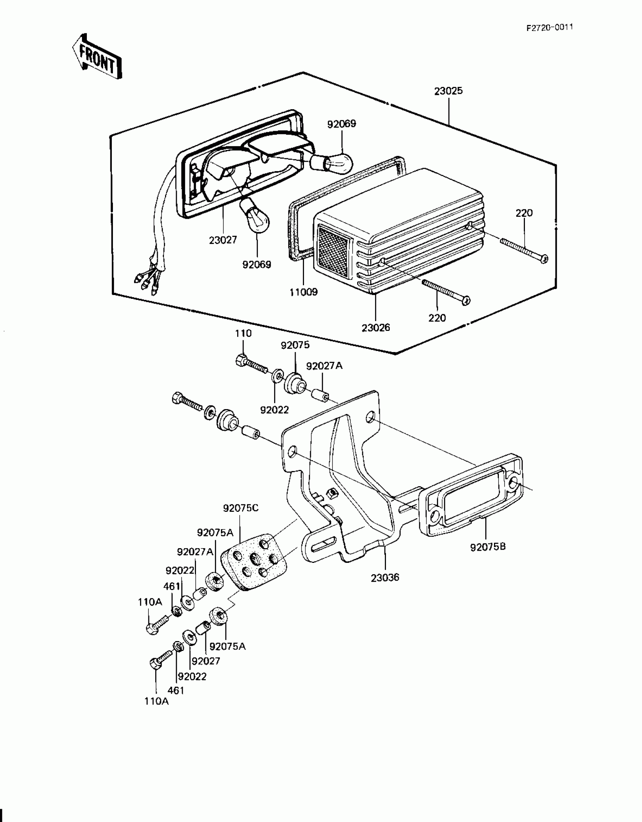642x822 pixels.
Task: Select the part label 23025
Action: [448, 91]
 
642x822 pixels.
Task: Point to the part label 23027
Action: [223, 239]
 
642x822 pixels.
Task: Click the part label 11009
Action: [304, 292]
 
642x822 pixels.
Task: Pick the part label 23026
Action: [376, 328]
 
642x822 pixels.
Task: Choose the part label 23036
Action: [385, 577]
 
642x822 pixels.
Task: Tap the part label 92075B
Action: [488, 547]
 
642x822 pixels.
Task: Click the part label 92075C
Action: [241, 508]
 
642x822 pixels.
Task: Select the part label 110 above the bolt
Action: [243, 333]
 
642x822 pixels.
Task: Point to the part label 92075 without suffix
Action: [295, 345]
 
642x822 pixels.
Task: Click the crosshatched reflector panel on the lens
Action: [333, 245]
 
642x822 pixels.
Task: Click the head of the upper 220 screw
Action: [544, 259]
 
